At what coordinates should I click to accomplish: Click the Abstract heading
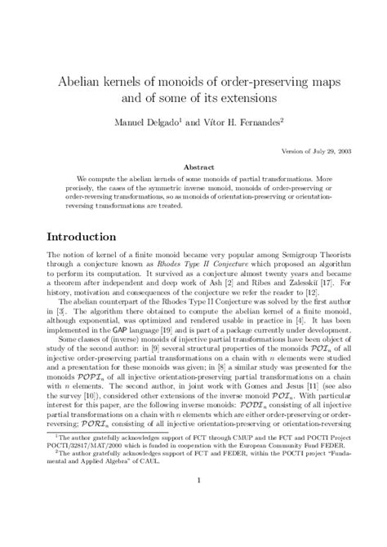point(193,163)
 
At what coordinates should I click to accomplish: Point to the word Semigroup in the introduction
point(277,260)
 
